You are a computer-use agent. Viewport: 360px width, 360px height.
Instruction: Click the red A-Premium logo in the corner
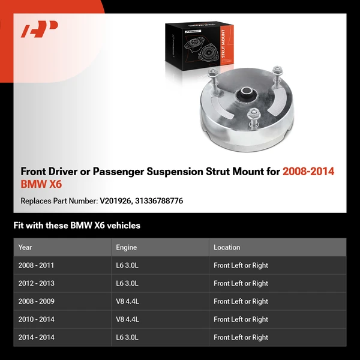(40, 29)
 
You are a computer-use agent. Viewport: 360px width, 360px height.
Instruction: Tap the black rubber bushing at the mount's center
(246, 94)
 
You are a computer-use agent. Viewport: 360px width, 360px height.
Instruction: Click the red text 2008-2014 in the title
(308, 172)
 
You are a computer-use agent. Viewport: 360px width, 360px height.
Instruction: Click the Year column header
(25, 247)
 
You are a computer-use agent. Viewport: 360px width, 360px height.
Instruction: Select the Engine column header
(126, 247)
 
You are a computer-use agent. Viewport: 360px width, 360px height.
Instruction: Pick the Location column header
(227, 247)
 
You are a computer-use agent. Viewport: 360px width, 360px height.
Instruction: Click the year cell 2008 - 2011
(36, 265)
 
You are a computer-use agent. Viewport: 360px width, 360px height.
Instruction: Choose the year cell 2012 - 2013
(36, 283)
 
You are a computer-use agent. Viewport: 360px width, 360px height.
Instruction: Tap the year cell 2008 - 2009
(36, 301)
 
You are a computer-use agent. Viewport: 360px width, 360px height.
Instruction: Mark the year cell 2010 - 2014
(36, 319)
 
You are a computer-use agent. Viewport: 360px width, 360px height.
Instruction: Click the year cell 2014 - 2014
(36, 337)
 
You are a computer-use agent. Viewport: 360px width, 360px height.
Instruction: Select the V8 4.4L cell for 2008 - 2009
(127, 301)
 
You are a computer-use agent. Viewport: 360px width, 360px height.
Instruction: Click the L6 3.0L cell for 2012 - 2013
(127, 283)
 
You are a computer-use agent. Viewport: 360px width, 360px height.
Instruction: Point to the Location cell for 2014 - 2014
(241, 337)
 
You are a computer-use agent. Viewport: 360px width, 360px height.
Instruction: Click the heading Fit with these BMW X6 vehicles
(77, 226)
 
